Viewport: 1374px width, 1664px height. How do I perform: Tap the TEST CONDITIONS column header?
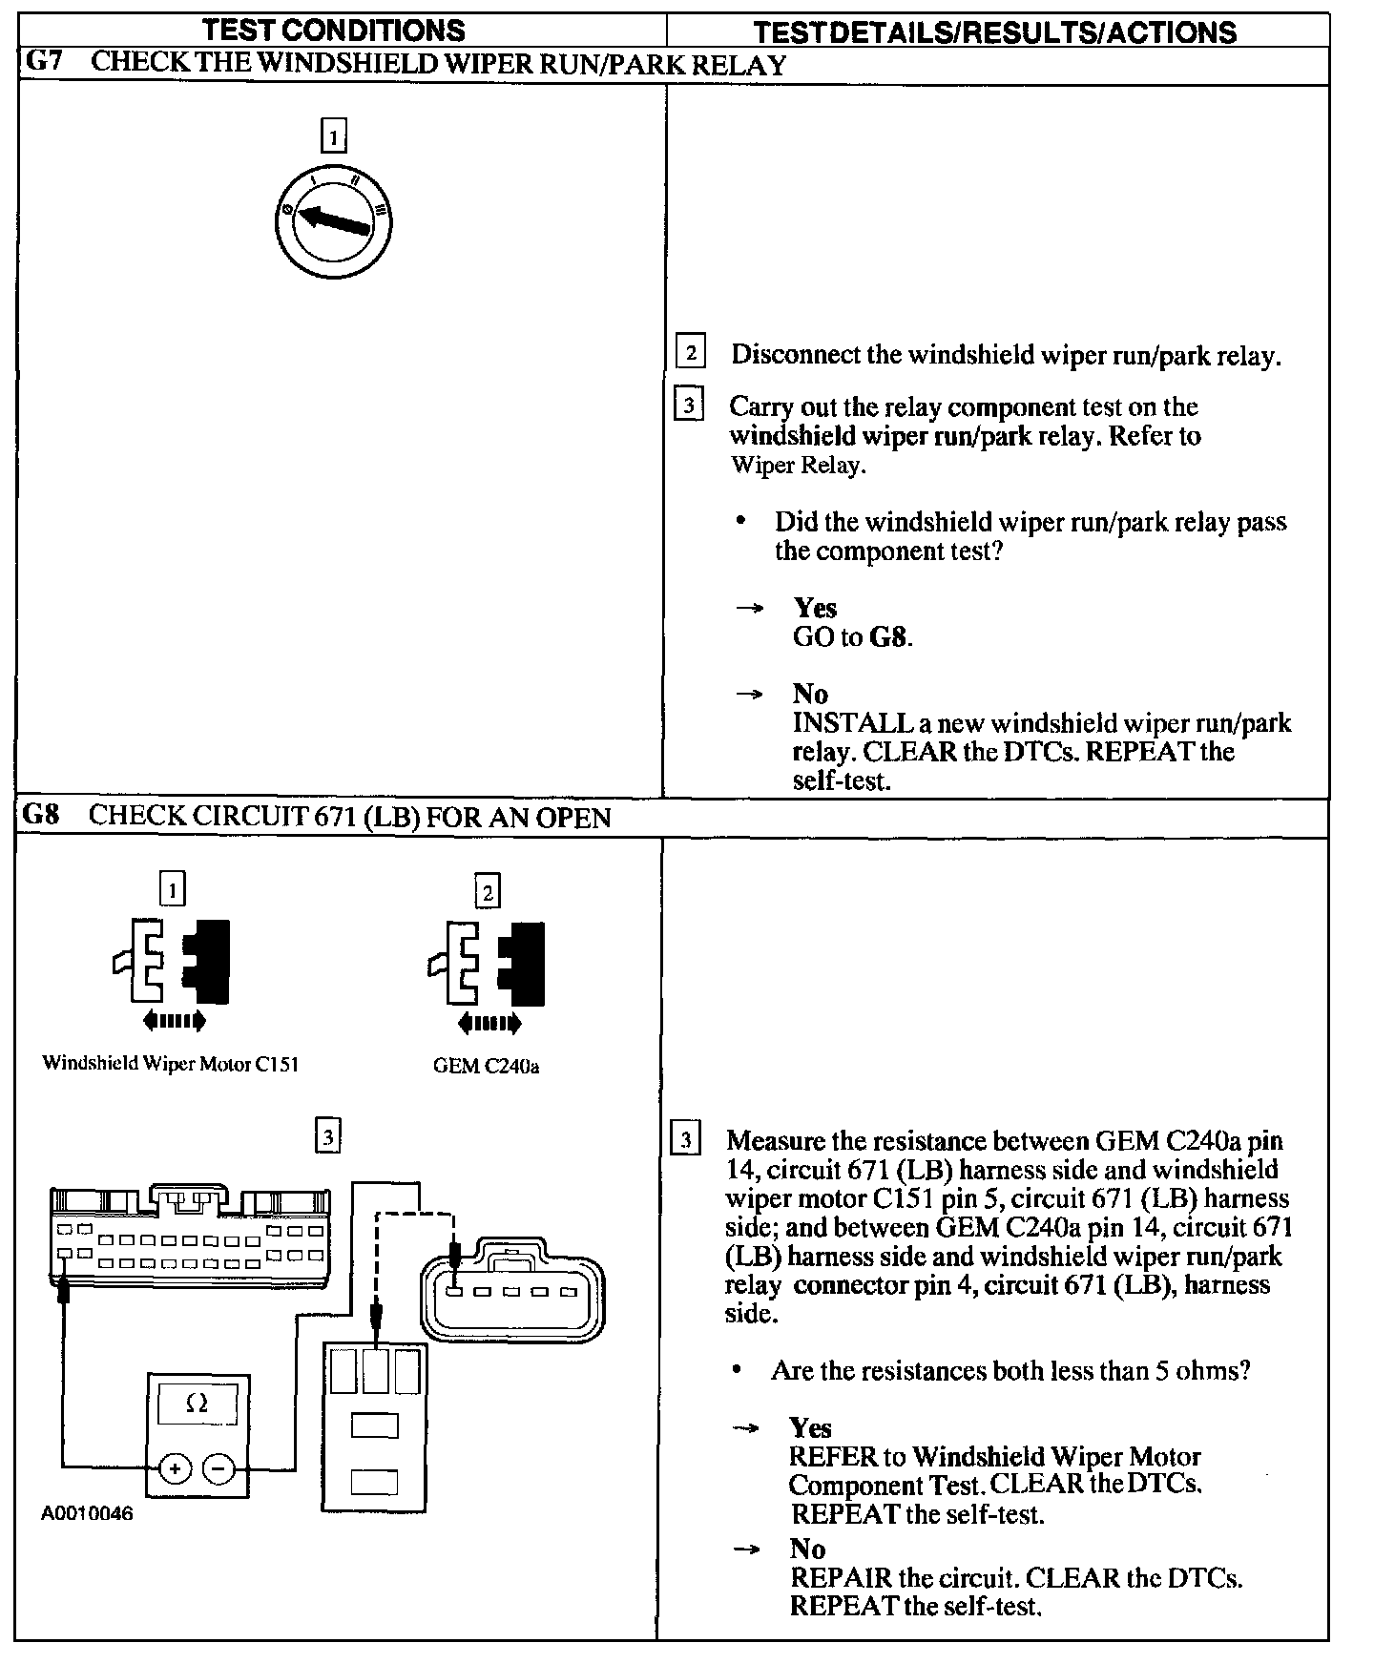(x=334, y=30)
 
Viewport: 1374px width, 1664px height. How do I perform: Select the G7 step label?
(x=42, y=64)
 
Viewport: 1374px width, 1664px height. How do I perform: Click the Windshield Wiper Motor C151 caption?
(x=170, y=1064)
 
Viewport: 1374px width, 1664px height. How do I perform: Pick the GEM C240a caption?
(x=486, y=1066)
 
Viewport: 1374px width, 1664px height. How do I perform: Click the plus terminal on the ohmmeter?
(x=174, y=1468)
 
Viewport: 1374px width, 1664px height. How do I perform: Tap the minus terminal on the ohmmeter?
(x=219, y=1468)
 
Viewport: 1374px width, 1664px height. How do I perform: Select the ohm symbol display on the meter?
(x=198, y=1403)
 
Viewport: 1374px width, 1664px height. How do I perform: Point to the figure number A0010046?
(x=87, y=1514)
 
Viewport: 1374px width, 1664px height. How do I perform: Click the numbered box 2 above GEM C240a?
(x=488, y=893)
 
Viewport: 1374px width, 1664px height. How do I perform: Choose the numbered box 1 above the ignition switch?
(x=332, y=137)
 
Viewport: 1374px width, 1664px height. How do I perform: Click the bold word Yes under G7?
(x=815, y=608)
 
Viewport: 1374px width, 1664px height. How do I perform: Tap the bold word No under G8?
(x=807, y=1549)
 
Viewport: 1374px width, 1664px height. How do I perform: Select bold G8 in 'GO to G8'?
(x=888, y=636)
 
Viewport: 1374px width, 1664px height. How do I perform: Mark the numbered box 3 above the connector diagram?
(x=327, y=1136)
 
